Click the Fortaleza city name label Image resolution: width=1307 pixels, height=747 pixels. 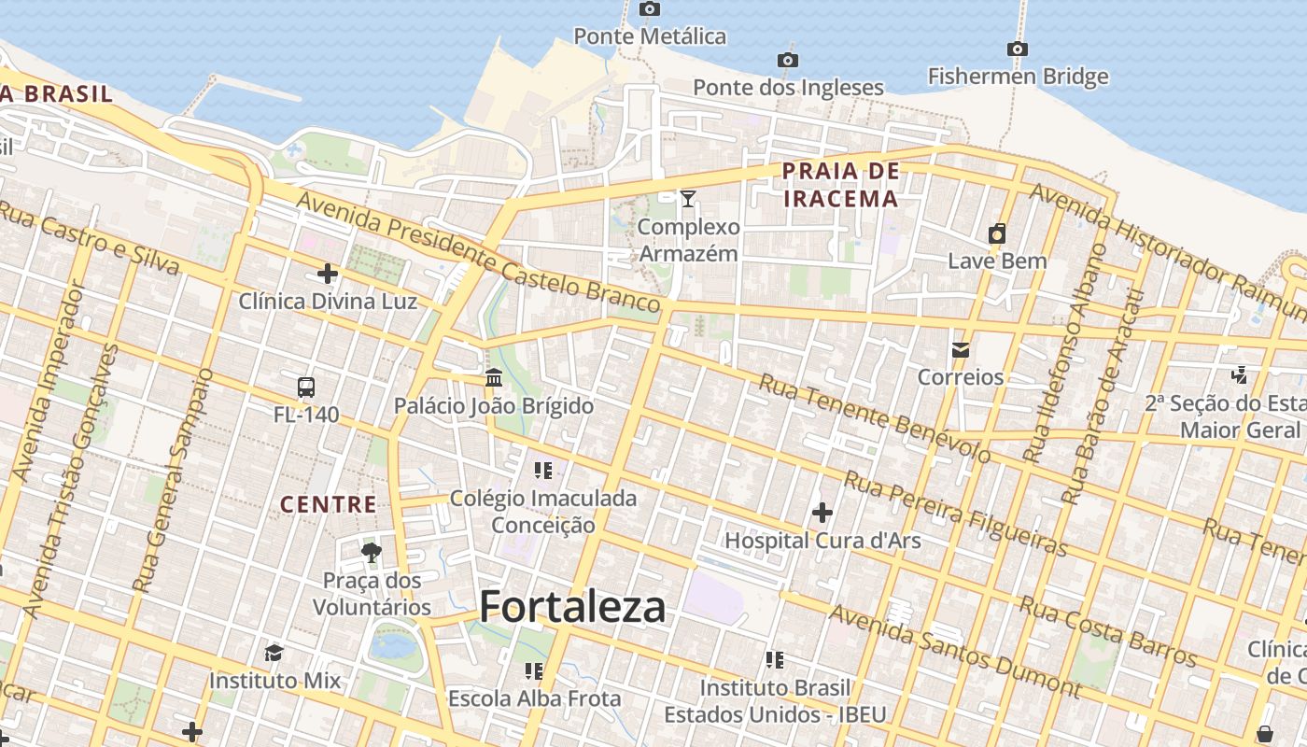point(572,607)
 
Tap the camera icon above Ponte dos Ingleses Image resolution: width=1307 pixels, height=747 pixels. point(787,61)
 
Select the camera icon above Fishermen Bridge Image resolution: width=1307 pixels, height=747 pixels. point(1018,49)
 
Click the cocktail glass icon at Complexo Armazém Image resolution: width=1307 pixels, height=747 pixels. point(688,198)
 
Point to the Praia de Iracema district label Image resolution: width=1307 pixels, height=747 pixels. point(840,184)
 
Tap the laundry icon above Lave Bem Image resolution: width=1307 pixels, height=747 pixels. point(997,233)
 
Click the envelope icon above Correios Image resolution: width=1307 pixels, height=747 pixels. point(960,350)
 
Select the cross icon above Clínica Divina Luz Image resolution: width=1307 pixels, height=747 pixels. point(327,274)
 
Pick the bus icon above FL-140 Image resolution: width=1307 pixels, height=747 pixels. point(305,387)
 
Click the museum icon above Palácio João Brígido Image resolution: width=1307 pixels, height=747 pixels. point(494,378)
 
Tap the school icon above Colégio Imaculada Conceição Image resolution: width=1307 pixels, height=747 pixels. point(542,470)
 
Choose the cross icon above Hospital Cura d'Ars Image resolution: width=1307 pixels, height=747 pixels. point(822,512)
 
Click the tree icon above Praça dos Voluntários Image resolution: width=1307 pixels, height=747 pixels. point(372,552)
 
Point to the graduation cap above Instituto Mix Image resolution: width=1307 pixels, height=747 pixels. point(274,652)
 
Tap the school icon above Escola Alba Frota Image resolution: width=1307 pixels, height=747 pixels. point(534,670)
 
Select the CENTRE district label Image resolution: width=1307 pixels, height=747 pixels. point(329,505)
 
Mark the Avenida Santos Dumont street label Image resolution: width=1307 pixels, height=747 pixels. point(954,652)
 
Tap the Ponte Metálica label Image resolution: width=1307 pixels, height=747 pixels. point(649,36)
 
